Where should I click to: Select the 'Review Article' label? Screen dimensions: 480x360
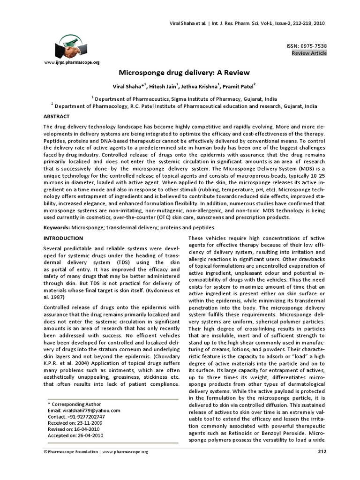pyautogui.click(x=309, y=53)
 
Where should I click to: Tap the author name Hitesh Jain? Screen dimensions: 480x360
pyautogui.click(x=166, y=86)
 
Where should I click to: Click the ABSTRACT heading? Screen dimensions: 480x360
pyautogui.click(x=56, y=116)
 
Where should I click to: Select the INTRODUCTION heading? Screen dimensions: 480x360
pyautogui.click(x=63, y=238)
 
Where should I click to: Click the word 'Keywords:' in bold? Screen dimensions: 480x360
pyautogui.click(x=57, y=227)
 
